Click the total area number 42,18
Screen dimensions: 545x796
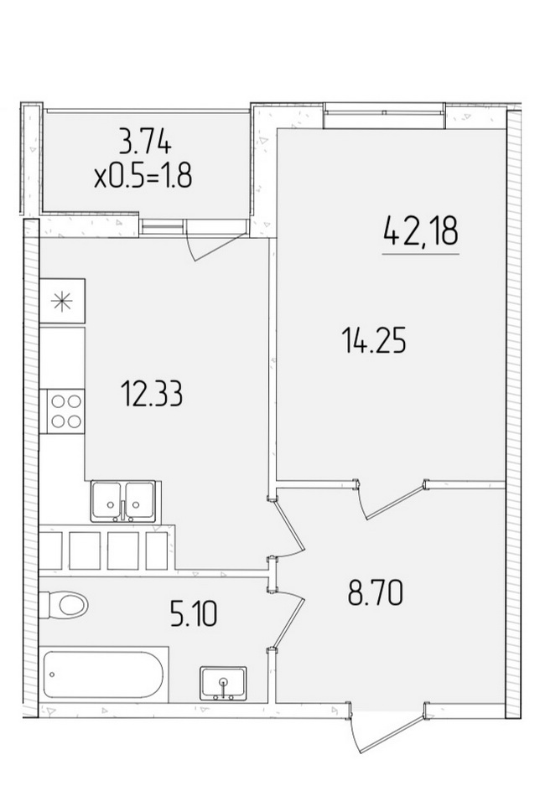click(421, 232)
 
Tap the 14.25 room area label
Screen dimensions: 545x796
click(374, 340)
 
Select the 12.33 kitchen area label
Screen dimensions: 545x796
click(152, 395)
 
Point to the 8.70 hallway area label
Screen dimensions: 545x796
click(376, 593)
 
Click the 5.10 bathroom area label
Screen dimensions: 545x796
click(194, 613)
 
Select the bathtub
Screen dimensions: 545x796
click(104, 674)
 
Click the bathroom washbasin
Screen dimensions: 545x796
click(224, 683)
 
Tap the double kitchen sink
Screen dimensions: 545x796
click(125, 501)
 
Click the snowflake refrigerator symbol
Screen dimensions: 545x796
click(63, 302)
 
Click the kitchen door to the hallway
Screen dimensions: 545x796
click(289, 529)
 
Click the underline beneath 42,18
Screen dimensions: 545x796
click(421, 253)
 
